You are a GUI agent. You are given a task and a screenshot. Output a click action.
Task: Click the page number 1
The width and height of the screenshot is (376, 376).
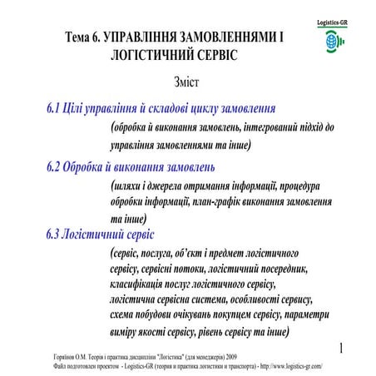[342, 345]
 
